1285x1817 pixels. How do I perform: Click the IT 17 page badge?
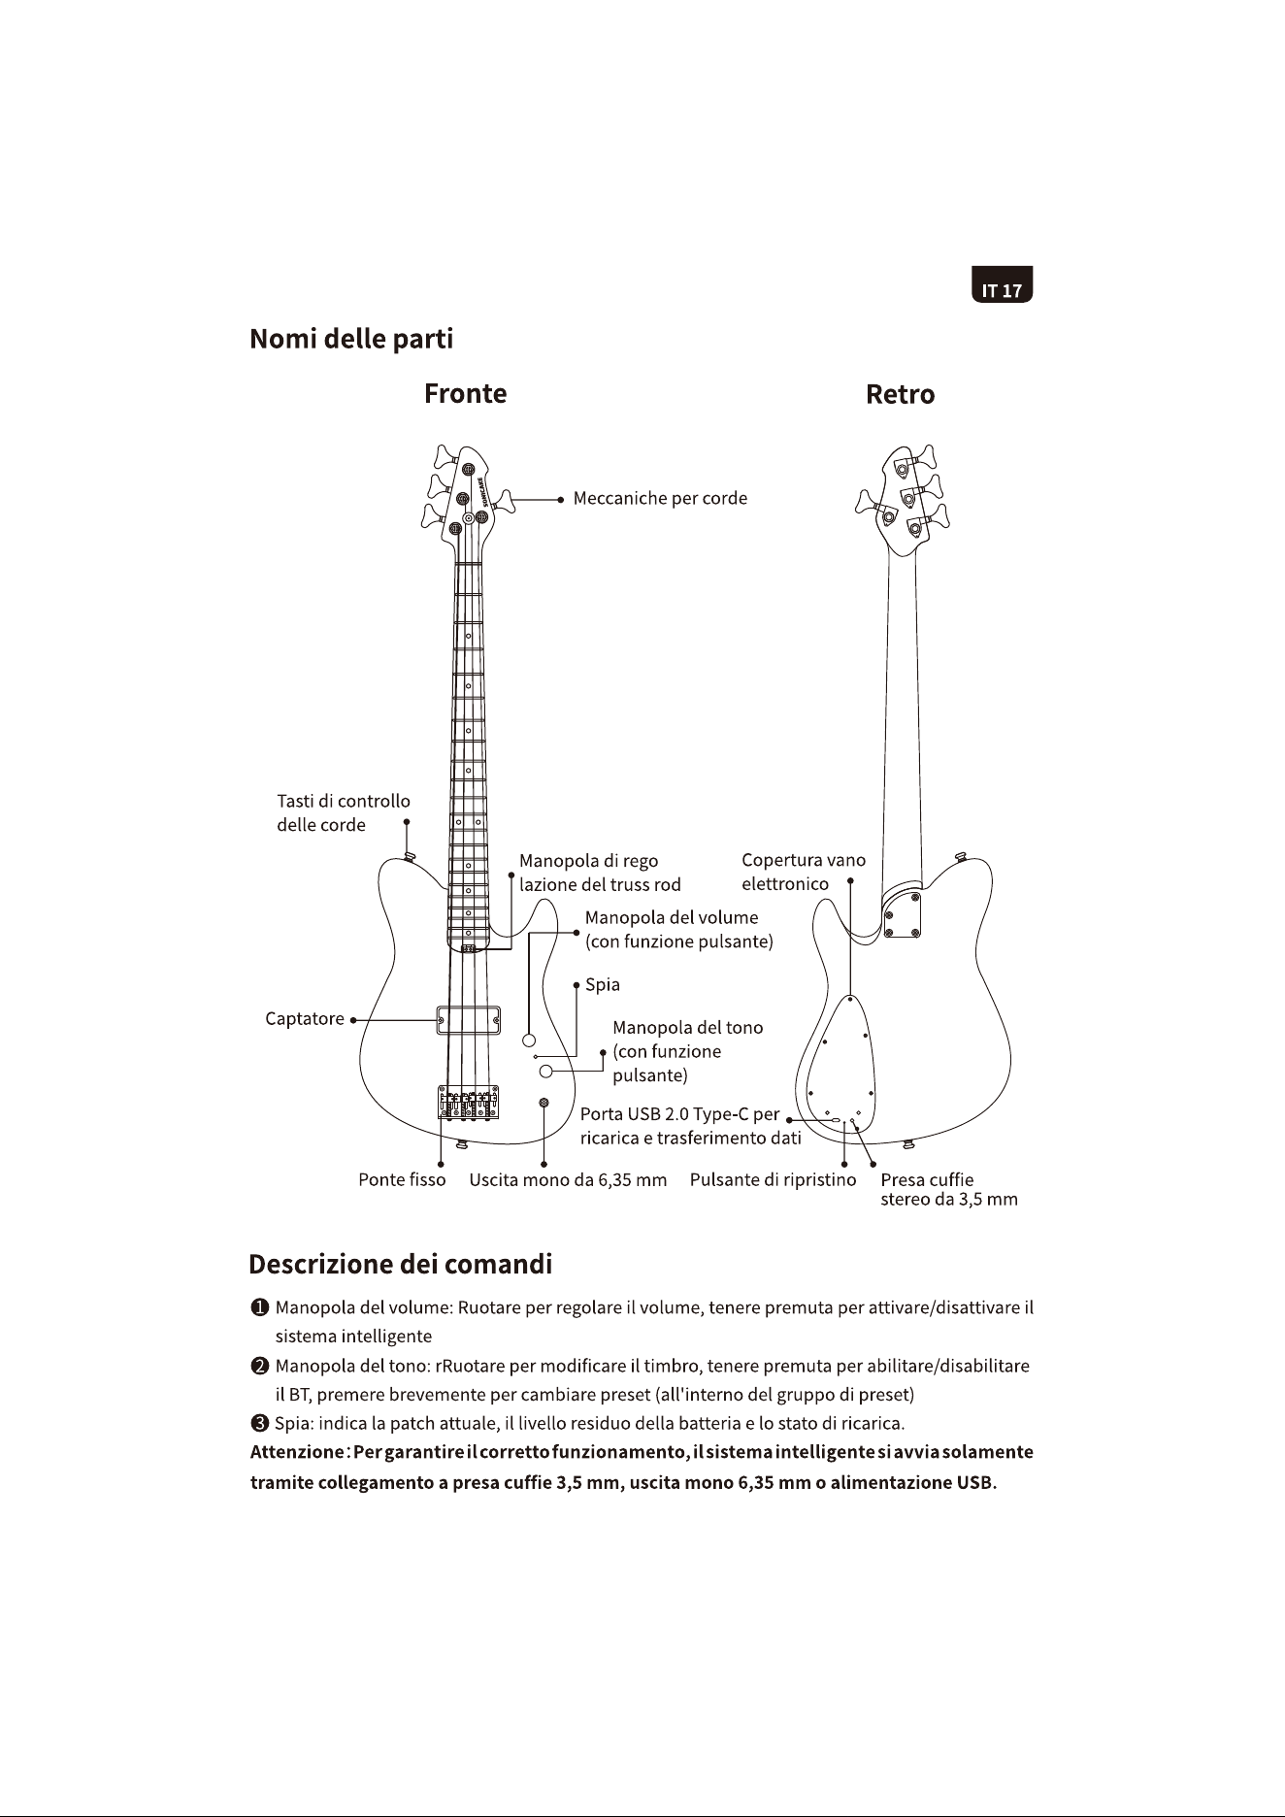[1003, 284]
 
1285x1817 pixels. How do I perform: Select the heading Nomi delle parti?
[351, 339]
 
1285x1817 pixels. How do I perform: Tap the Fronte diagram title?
[465, 393]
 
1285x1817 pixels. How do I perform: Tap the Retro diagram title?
[900, 394]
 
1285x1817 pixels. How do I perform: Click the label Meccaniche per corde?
[660, 499]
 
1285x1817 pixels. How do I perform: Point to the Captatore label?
[305, 1019]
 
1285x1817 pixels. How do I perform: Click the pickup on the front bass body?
[469, 1021]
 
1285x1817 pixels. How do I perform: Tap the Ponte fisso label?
[402, 1180]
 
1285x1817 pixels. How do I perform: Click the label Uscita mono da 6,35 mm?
[568, 1180]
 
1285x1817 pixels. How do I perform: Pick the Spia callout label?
[603, 985]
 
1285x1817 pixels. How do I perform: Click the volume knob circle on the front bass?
[530, 1041]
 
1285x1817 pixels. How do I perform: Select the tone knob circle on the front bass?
[546, 1071]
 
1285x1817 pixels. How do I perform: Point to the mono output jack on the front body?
[544, 1103]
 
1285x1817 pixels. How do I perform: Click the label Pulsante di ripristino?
[774, 1180]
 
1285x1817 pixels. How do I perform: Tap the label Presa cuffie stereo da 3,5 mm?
[949, 1190]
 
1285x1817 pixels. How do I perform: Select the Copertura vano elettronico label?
[804, 872]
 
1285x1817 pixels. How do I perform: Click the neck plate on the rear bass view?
[902, 915]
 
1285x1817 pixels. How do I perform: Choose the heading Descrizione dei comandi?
[401, 1265]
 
